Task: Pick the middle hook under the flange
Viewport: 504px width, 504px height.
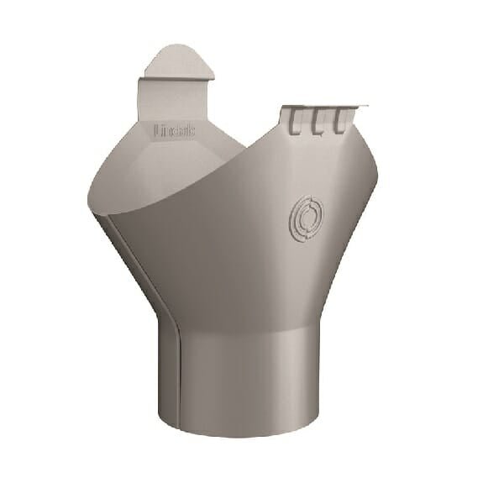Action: pyautogui.click(x=318, y=124)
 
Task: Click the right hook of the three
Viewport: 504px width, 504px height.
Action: pyautogui.click(x=339, y=124)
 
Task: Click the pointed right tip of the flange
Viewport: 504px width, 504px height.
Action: pyautogui.click(x=367, y=106)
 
